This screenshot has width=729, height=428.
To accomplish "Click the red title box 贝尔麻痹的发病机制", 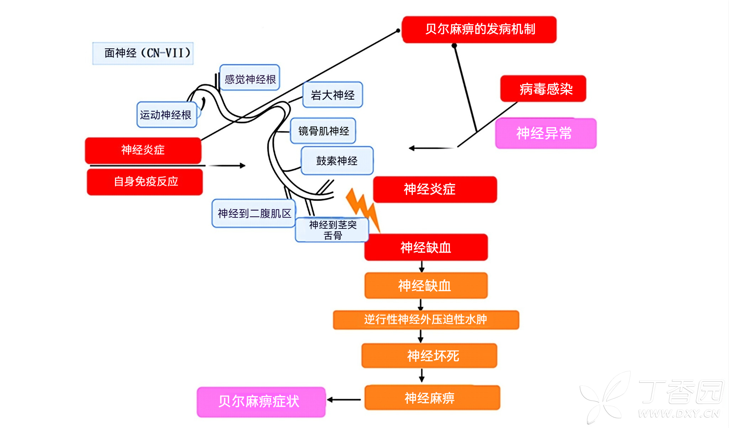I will coord(479,30).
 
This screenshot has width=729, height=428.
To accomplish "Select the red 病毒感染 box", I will coord(543,89).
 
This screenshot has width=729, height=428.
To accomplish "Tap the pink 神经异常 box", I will coord(545,133).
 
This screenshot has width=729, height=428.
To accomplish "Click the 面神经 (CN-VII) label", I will coord(143,53).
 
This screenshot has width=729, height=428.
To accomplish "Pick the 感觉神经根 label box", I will coord(250,78).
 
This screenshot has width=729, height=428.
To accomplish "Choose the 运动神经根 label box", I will coord(167,115).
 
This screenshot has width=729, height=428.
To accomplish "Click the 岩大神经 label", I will coord(332,95).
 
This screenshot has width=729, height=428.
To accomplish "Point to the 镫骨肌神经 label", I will coord(323,131).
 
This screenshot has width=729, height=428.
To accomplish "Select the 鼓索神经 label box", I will coord(337,161).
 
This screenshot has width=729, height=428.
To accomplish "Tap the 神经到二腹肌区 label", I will coord(253,213).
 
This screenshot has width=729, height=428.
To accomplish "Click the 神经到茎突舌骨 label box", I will coord(332,230).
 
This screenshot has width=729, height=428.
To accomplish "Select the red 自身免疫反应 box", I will coord(145,182).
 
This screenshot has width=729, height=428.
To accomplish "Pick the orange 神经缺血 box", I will coord(426,286).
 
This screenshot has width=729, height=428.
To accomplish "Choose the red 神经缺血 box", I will coord(426,247).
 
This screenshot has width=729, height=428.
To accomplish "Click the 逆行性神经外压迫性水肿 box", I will coord(426,319).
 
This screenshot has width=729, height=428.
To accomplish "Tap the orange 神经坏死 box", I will coord(429,356).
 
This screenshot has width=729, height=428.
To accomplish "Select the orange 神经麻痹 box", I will coord(432,398).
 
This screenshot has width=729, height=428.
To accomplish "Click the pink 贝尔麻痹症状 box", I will coord(261,402).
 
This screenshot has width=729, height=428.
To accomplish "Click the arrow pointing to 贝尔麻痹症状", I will coord(344,400).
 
